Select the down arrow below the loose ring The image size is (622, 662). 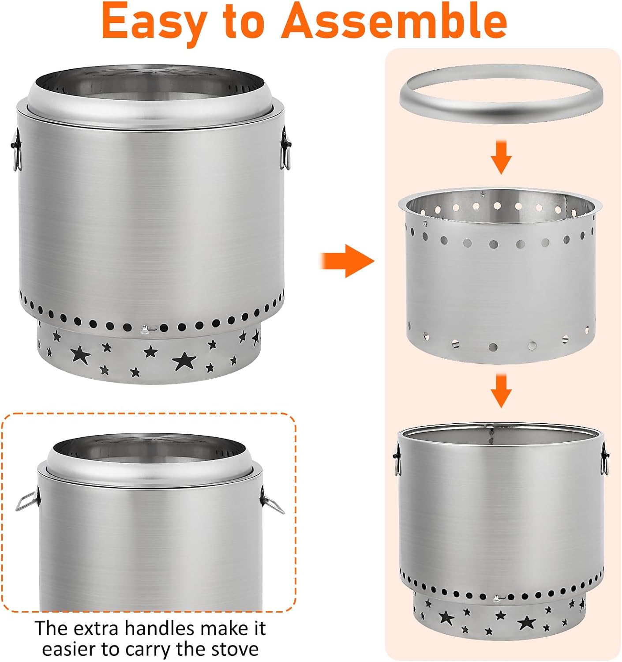(x=501, y=157)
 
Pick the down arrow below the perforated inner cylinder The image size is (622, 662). (x=501, y=390)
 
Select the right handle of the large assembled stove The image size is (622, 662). (x=286, y=148)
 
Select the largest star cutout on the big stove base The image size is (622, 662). (x=184, y=361)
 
